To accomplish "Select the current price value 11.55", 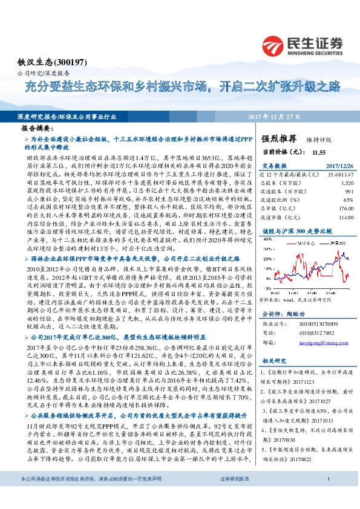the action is point(319,153).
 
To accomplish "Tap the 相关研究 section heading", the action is point(273,361).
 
